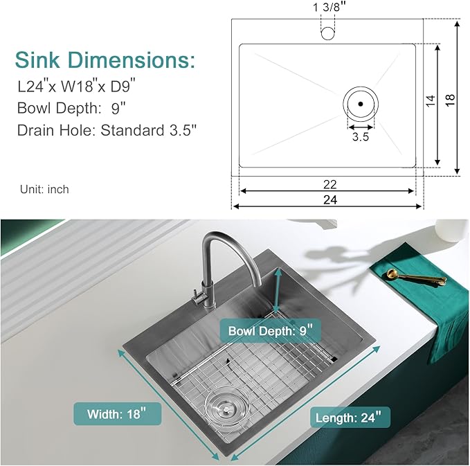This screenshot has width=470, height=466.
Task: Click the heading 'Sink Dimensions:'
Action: click(105, 60)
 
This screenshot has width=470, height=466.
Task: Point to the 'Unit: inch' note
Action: click(44, 189)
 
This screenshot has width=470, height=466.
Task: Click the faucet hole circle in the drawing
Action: click(327, 31)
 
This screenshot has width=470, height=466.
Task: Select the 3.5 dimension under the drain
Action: click(361, 137)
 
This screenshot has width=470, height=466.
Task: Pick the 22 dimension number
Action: click(329, 184)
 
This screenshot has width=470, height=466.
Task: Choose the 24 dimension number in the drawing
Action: click(329, 200)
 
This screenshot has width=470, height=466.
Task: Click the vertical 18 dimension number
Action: click(450, 100)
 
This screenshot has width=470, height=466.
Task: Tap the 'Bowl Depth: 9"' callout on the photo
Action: click(271, 331)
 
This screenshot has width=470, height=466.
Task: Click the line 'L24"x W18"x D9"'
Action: click(76, 88)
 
